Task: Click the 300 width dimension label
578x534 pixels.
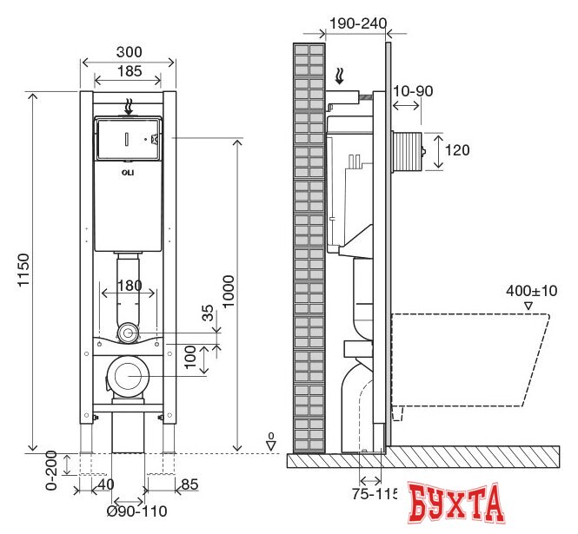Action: [x=129, y=52]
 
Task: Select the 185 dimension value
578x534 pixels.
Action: [x=130, y=71]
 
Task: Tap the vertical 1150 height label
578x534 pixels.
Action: [x=23, y=270]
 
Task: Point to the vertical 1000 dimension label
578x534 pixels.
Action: [x=229, y=291]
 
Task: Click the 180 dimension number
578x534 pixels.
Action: [x=130, y=286]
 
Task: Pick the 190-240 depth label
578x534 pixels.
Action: [x=358, y=23]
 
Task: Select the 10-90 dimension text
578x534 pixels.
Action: [x=413, y=91]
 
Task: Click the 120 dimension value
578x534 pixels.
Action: [x=457, y=150]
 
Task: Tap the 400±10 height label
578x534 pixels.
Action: [x=531, y=291]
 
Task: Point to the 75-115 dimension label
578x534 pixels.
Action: [x=374, y=494]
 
